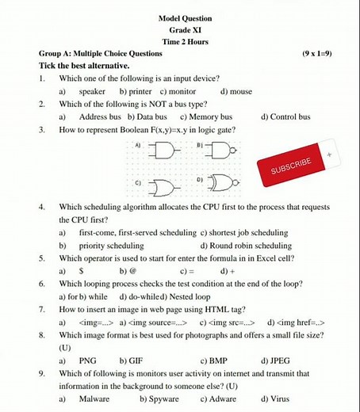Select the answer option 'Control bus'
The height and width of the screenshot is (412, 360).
290,116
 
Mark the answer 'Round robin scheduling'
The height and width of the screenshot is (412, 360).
256,246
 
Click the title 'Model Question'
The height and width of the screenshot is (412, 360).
185,17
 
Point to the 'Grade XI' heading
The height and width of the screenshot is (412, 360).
185,29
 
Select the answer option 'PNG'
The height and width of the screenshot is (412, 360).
88,360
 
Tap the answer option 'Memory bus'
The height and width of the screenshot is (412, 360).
210,116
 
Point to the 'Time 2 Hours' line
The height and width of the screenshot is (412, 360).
185,41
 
